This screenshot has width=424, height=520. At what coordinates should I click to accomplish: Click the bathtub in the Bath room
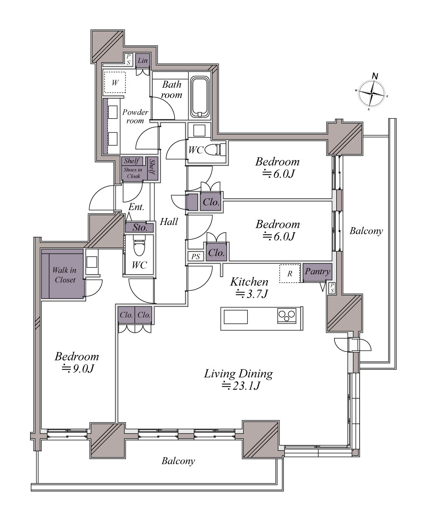[200, 97]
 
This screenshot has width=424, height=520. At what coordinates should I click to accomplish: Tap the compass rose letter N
[375, 76]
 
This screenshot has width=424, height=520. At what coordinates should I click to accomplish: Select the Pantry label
[318, 271]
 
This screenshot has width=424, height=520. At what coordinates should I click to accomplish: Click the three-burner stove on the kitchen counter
[287, 315]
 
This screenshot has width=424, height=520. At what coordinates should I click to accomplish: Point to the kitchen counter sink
[235, 317]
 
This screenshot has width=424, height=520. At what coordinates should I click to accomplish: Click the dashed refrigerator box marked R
[290, 273]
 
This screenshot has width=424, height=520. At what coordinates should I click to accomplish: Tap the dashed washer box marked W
[114, 82]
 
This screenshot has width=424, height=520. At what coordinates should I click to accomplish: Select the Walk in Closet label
[64, 275]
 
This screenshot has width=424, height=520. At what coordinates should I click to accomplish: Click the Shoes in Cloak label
[133, 173]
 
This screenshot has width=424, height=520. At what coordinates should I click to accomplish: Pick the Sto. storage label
[140, 227]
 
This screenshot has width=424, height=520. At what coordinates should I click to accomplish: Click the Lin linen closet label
[143, 60]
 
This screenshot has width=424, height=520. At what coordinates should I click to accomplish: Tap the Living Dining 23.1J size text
[240, 386]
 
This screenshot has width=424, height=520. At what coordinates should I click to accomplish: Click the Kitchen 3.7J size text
[251, 294]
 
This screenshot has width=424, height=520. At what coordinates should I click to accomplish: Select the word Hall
[169, 222]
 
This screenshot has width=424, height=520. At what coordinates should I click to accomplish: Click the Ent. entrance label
[136, 207]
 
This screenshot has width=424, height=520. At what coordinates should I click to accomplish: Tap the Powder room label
[135, 116]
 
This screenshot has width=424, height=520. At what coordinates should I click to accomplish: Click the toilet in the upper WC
[216, 149]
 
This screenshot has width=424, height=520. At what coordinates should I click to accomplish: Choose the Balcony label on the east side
[366, 231]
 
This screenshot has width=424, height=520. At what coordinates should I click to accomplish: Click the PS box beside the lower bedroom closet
[195, 256]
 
